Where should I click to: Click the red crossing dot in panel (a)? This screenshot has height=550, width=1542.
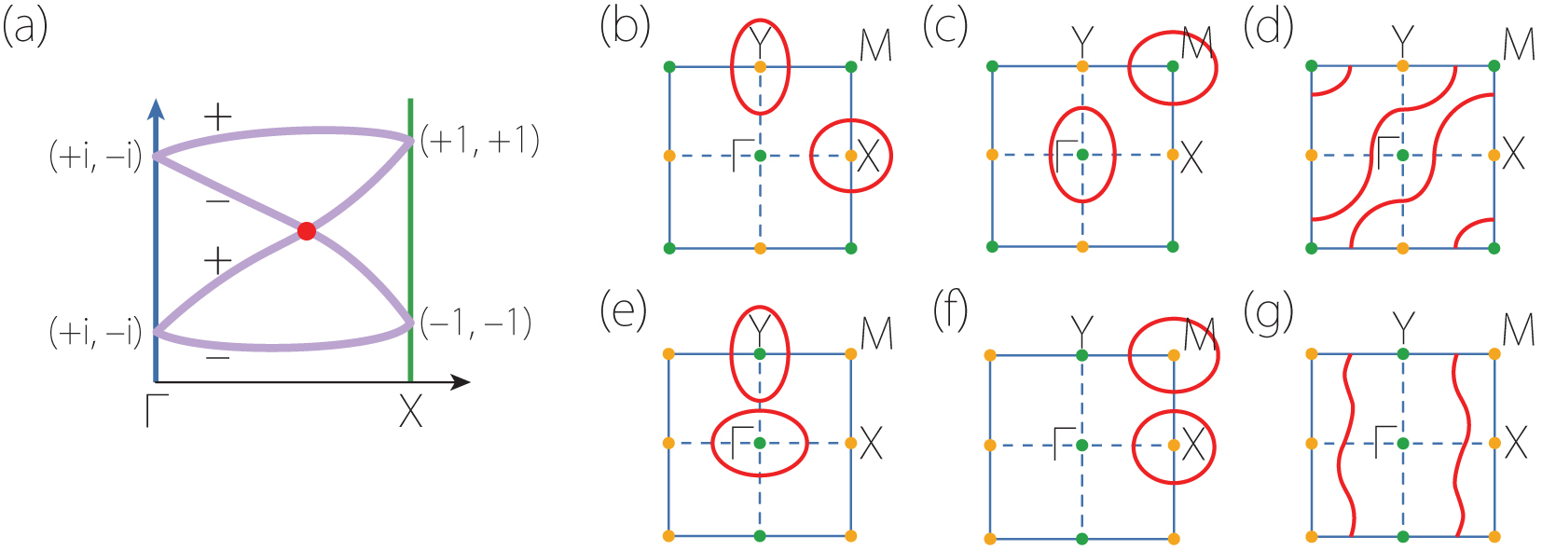(x=306, y=231)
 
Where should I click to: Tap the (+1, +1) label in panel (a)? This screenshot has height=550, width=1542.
(x=479, y=141)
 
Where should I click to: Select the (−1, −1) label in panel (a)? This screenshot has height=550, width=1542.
(x=475, y=323)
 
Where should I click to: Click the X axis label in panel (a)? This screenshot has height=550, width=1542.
(x=410, y=411)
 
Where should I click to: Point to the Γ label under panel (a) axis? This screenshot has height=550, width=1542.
(x=156, y=411)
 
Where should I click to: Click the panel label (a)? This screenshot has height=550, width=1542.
(x=24, y=27)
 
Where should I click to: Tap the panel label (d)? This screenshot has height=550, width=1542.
(x=1269, y=27)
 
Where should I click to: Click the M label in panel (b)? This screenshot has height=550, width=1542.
(x=876, y=45)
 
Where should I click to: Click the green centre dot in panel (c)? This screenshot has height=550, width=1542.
(x=1082, y=155)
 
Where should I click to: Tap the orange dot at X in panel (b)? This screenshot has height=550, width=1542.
(x=851, y=156)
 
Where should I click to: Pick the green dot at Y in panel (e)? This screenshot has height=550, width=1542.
(x=760, y=354)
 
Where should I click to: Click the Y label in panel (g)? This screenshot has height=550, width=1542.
(x=1402, y=329)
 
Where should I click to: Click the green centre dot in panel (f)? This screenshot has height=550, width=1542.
(x=1081, y=446)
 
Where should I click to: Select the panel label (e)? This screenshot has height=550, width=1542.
(x=624, y=311)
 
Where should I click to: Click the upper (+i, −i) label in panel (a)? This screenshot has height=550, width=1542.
(x=95, y=157)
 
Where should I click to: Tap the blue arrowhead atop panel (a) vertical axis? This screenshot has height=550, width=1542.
(x=156, y=108)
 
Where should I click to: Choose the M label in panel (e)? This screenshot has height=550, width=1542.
(x=876, y=333)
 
